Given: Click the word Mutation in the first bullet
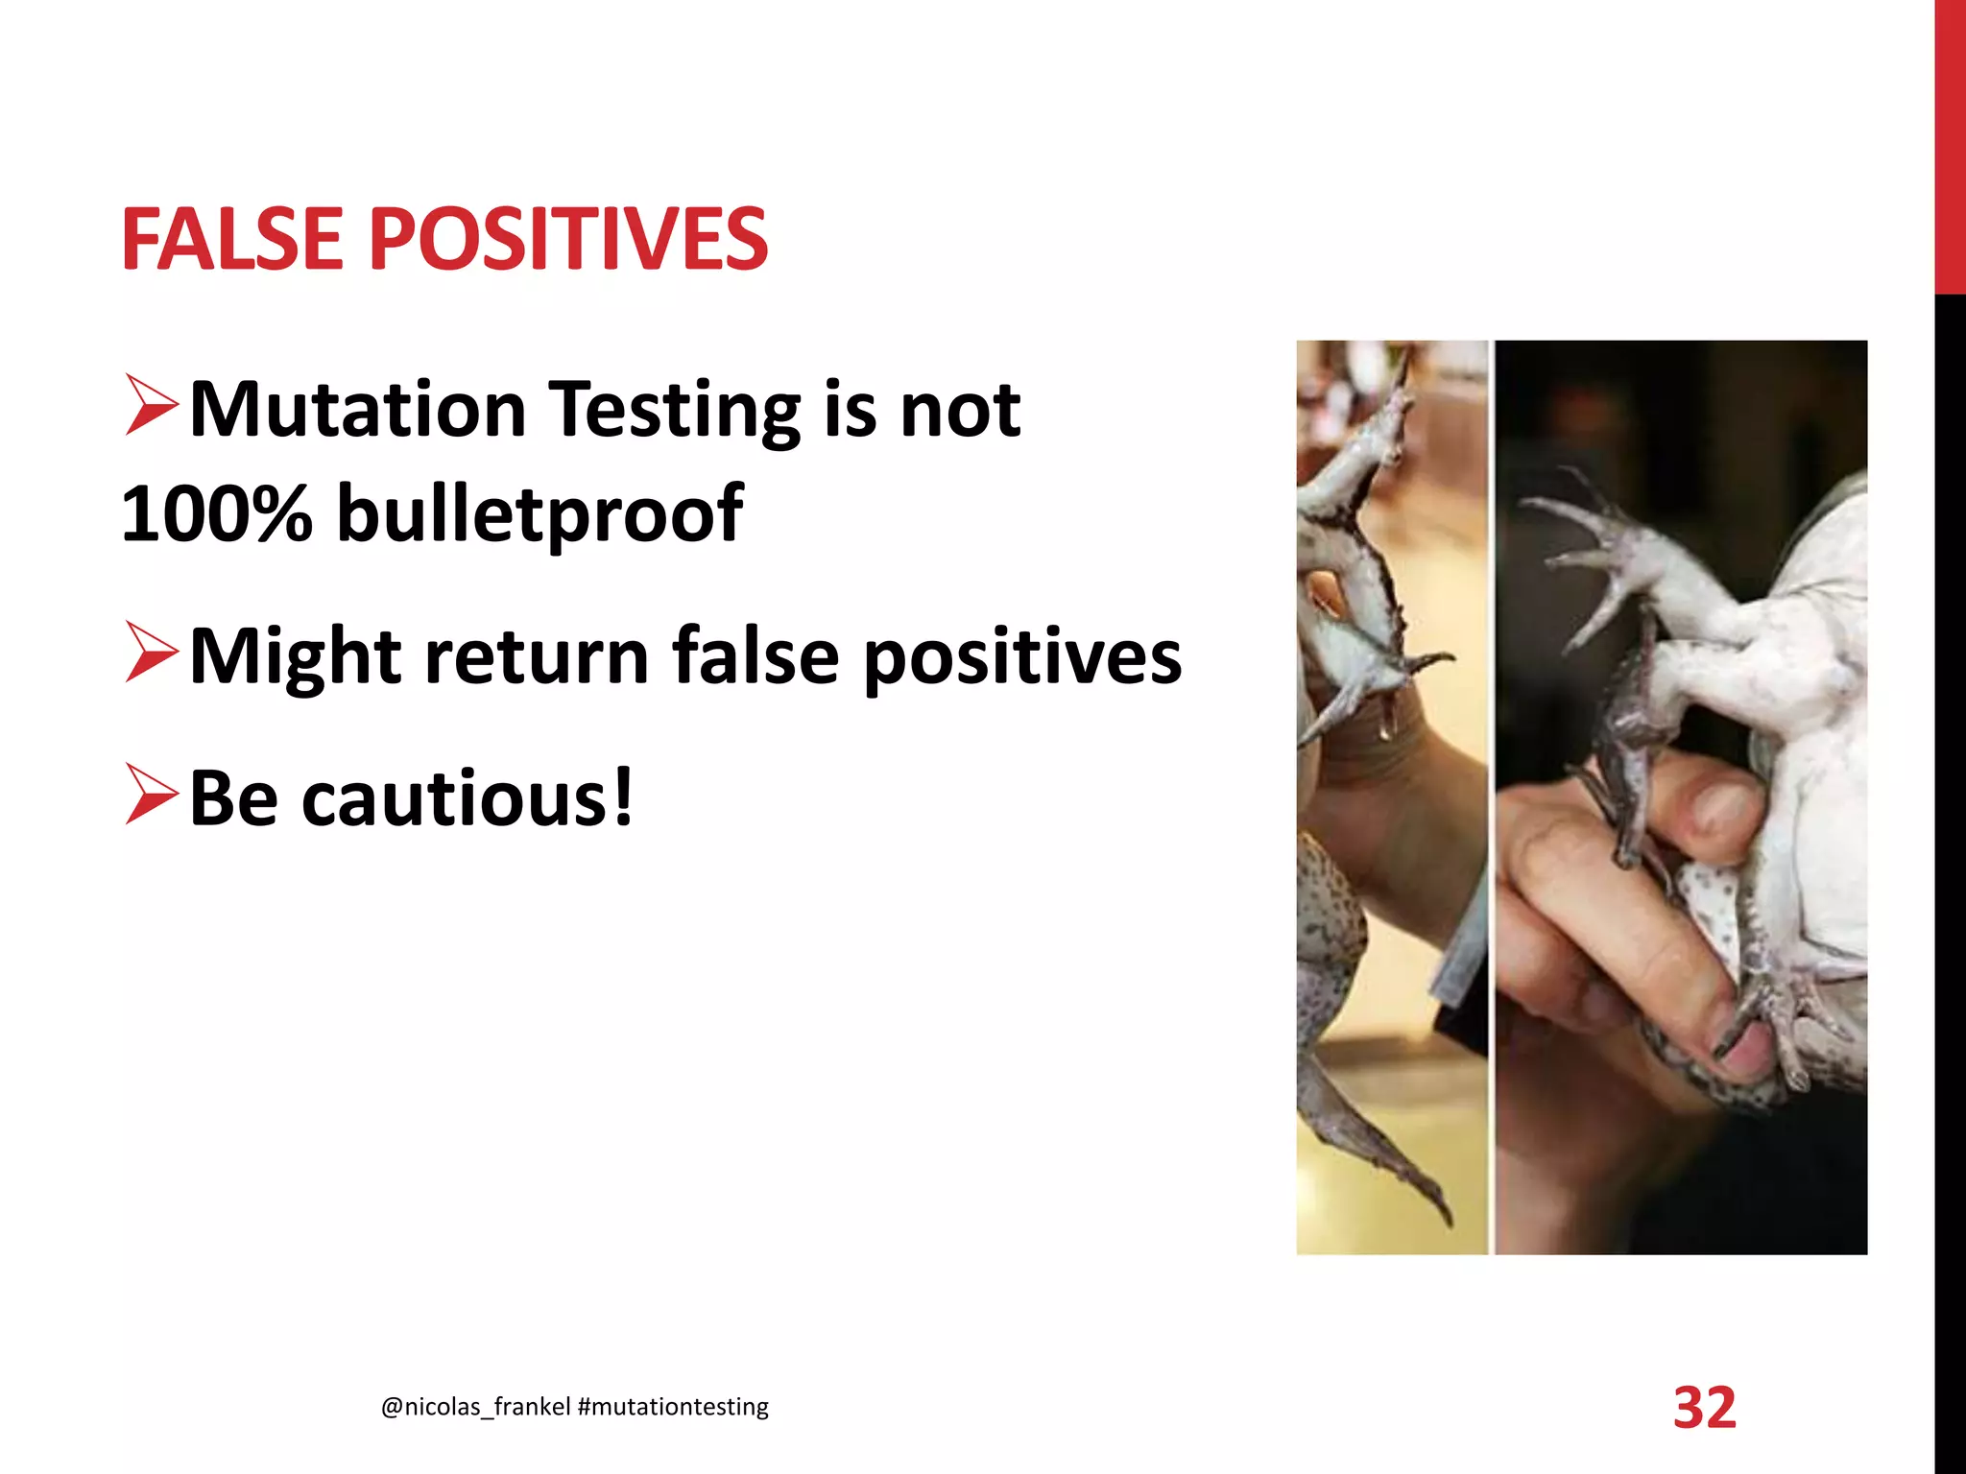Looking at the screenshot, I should tap(358, 410).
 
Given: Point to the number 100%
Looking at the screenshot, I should tap(217, 512).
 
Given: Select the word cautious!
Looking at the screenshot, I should tap(468, 798).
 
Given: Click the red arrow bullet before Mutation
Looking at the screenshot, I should tap(152, 406).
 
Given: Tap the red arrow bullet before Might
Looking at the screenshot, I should tap(152, 653).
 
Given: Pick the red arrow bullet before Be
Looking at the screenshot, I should tap(152, 795).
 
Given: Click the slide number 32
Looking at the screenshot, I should tap(1705, 1408).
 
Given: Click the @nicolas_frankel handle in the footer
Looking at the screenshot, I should tap(476, 1407).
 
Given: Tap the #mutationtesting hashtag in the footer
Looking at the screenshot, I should tap(674, 1407).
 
